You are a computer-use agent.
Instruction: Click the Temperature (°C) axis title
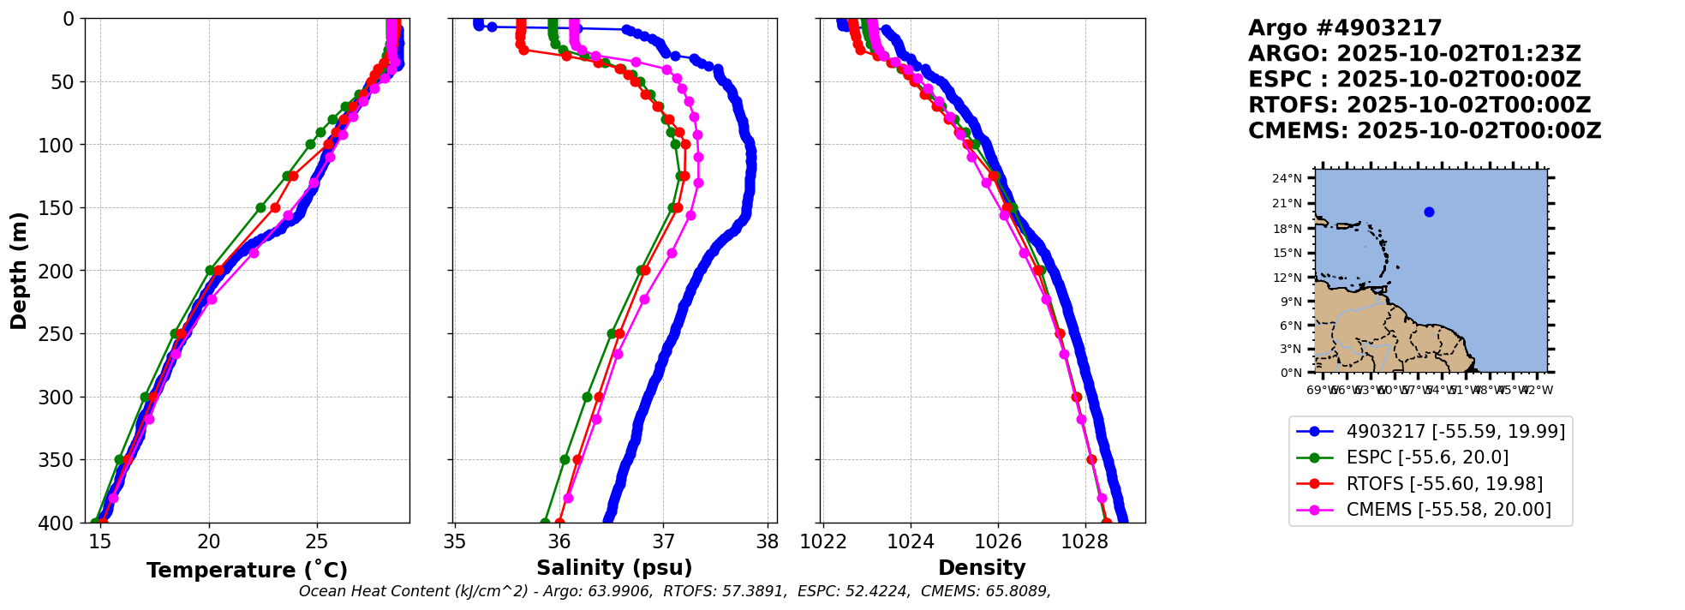pos(247,571)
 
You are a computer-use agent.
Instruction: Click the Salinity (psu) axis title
pos(614,568)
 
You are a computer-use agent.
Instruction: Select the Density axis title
pos(982,568)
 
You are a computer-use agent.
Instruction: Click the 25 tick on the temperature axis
pos(317,541)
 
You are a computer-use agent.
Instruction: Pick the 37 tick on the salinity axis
pos(664,541)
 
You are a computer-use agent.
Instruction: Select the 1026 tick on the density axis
pos(998,541)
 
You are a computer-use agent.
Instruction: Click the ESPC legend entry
pos(1427,457)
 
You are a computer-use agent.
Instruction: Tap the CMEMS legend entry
pos(1448,510)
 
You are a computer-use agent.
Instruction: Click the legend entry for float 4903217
pos(1455,431)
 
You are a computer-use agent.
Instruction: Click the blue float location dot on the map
pos(1429,212)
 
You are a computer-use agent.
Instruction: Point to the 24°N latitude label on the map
pos(1287,179)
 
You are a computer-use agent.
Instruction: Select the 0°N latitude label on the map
pos(1291,373)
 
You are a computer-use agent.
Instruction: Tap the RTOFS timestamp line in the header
pos(1419,105)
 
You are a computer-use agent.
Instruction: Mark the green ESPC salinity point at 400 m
pos(545,522)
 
